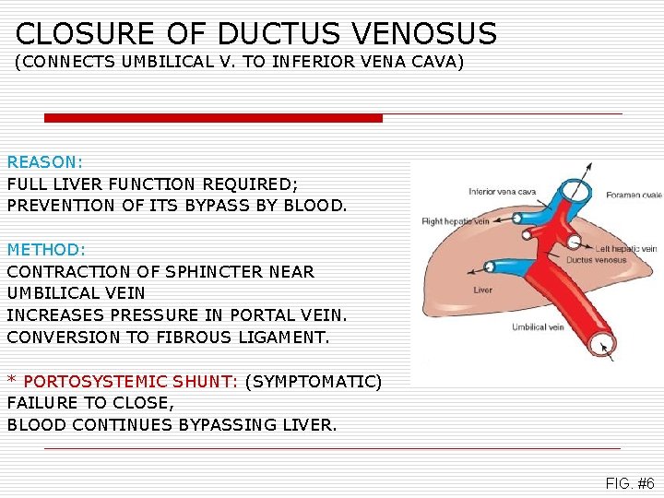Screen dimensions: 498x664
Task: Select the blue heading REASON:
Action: pyautogui.click(x=45, y=160)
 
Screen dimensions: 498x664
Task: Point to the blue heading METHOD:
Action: pyautogui.click(x=46, y=249)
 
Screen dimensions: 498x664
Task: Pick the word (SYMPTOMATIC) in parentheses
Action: pyautogui.click(x=313, y=381)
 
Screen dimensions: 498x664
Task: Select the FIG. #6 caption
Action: pyautogui.click(x=630, y=483)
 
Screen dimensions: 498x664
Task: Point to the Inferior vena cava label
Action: pyautogui.click(x=502, y=192)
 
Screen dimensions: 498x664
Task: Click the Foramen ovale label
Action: pyautogui.click(x=633, y=195)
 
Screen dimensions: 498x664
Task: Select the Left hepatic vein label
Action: pyautogui.click(x=625, y=248)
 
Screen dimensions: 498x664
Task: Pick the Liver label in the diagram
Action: pyautogui.click(x=482, y=290)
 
